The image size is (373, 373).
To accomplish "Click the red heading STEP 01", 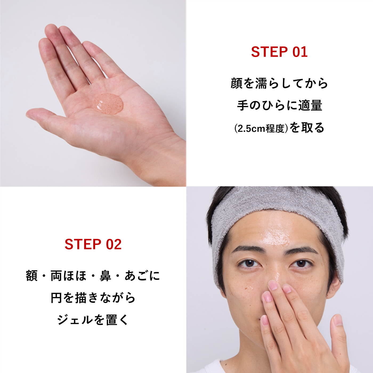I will pyautogui.click(x=279, y=52).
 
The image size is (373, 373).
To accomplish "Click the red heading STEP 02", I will pyautogui.click(x=93, y=244).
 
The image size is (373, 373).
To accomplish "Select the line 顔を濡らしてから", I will pyautogui.click(x=279, y=83).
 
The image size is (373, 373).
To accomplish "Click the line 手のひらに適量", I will pyautogui.click(x=279, y=105).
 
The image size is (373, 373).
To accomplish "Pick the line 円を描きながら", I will pyautogui.click(x=93, y=298).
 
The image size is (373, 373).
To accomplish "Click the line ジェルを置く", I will pyautogui.click(x=93, y=320).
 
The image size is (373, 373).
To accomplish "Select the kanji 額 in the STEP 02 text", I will pyautogui.click(x=31, y=276).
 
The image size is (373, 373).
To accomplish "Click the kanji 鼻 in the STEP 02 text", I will pyautogui.click(x=105, y=276).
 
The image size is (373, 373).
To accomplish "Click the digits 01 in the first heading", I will pyautogui.click(x=300, y=52).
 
